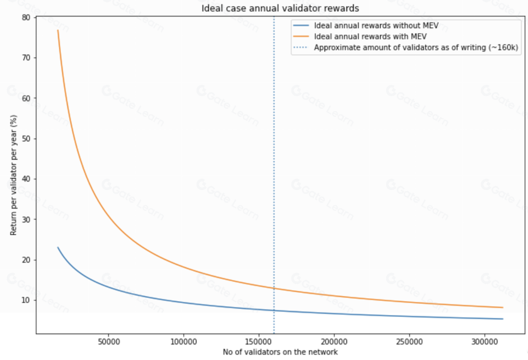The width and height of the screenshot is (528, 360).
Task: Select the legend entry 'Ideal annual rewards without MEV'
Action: coord(376,25)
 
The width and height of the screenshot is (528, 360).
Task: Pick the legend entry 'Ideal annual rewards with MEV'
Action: coord(371,36)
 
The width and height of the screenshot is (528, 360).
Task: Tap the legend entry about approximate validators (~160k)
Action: coord(416,47)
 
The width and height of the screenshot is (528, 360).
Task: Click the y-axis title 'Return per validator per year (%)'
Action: coord(14,173)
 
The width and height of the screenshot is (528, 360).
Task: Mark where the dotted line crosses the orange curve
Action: coord(274,288)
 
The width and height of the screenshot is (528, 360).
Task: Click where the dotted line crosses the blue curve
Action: coord(274,311)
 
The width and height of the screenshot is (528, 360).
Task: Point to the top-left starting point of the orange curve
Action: coord(58,30)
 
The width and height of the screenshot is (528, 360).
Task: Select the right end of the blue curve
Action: coord(503,319)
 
